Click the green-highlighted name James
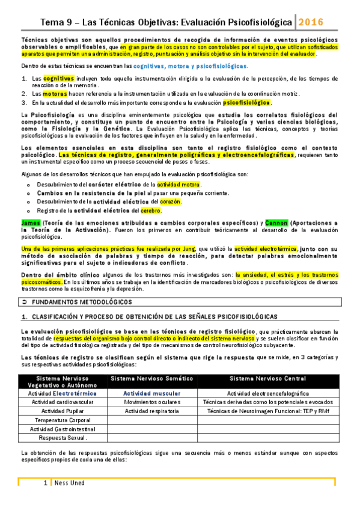pyautogui.click(x=29, y=223)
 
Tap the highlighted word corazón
pyautogui.click(x=170, y=201)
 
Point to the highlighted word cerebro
pyautogui.click(x=150, y=210)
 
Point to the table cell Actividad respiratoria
pyautogui.click(x=152, y=411)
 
